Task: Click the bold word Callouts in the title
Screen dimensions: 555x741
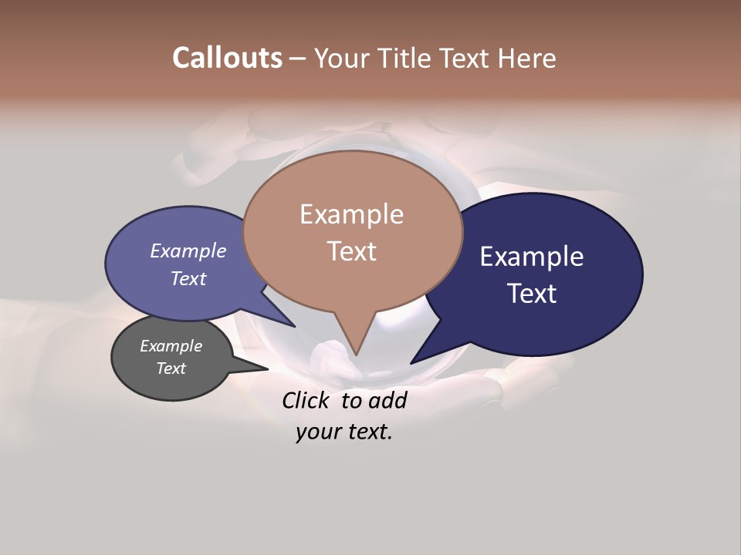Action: tap(228, 58)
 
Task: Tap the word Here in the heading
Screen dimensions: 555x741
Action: tap(526, 58)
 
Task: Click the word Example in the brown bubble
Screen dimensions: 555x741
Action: tap(351, 214)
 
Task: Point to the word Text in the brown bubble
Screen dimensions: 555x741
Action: tap(351, 251)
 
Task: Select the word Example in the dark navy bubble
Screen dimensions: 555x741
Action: tap(532, 257)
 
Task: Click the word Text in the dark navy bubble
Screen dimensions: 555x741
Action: tap(532, 294)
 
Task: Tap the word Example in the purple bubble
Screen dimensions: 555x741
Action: tap(188, 251)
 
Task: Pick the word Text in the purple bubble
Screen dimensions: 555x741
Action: tap(188, 278)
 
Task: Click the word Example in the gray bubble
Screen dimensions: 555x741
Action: tap(171, 346)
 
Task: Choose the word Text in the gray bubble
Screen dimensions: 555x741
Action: tap(171, 368)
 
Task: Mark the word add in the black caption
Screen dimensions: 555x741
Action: tap(387, 401)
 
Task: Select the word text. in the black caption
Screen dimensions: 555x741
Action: tap(367, 432)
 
